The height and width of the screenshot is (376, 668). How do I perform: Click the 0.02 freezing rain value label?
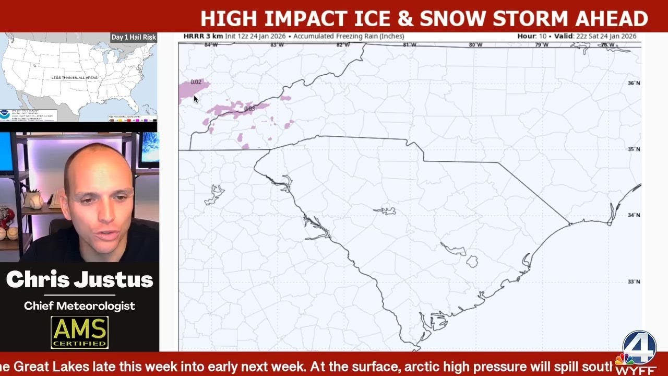tap(196, 82)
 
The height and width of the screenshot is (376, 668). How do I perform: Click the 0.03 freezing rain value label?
tap(249, 109)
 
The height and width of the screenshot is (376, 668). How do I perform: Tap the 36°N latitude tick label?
tap(634, 83)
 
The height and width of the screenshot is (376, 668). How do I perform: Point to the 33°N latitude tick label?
tap(634, 282)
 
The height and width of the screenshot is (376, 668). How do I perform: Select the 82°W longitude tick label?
tap(343, 45)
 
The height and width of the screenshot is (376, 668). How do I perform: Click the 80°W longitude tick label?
tap(475, 45)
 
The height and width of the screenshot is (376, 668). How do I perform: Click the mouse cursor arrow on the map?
tap(196, 99)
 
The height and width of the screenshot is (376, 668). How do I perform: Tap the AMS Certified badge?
tap(79, 332)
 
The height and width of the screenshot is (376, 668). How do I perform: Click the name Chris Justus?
tap(79, 280)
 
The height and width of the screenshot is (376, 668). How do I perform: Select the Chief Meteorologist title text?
tap(79, 306)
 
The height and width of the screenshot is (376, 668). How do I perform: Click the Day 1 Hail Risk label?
tap(133, 37)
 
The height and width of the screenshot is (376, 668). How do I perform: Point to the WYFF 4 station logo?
tap(638, 351)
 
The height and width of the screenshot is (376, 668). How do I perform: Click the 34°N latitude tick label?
tap(634, 215)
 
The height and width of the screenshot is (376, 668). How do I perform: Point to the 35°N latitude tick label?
tap(634, 149)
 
